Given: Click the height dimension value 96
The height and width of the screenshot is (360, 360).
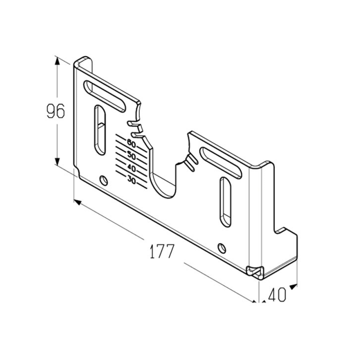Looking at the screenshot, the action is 56,111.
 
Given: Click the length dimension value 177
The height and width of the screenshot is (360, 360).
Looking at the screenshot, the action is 162,251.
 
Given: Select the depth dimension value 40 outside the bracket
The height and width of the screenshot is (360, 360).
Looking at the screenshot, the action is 277,295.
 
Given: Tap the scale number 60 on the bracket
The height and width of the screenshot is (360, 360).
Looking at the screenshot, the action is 131,144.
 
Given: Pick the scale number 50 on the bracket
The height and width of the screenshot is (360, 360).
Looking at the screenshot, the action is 131,156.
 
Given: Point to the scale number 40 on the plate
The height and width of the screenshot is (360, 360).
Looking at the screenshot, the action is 131,168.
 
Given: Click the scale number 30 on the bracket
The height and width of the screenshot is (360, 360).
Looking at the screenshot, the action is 131,180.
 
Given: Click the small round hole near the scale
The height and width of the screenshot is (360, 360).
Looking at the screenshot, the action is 104,180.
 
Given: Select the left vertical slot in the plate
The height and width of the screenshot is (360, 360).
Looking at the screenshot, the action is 100,130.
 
